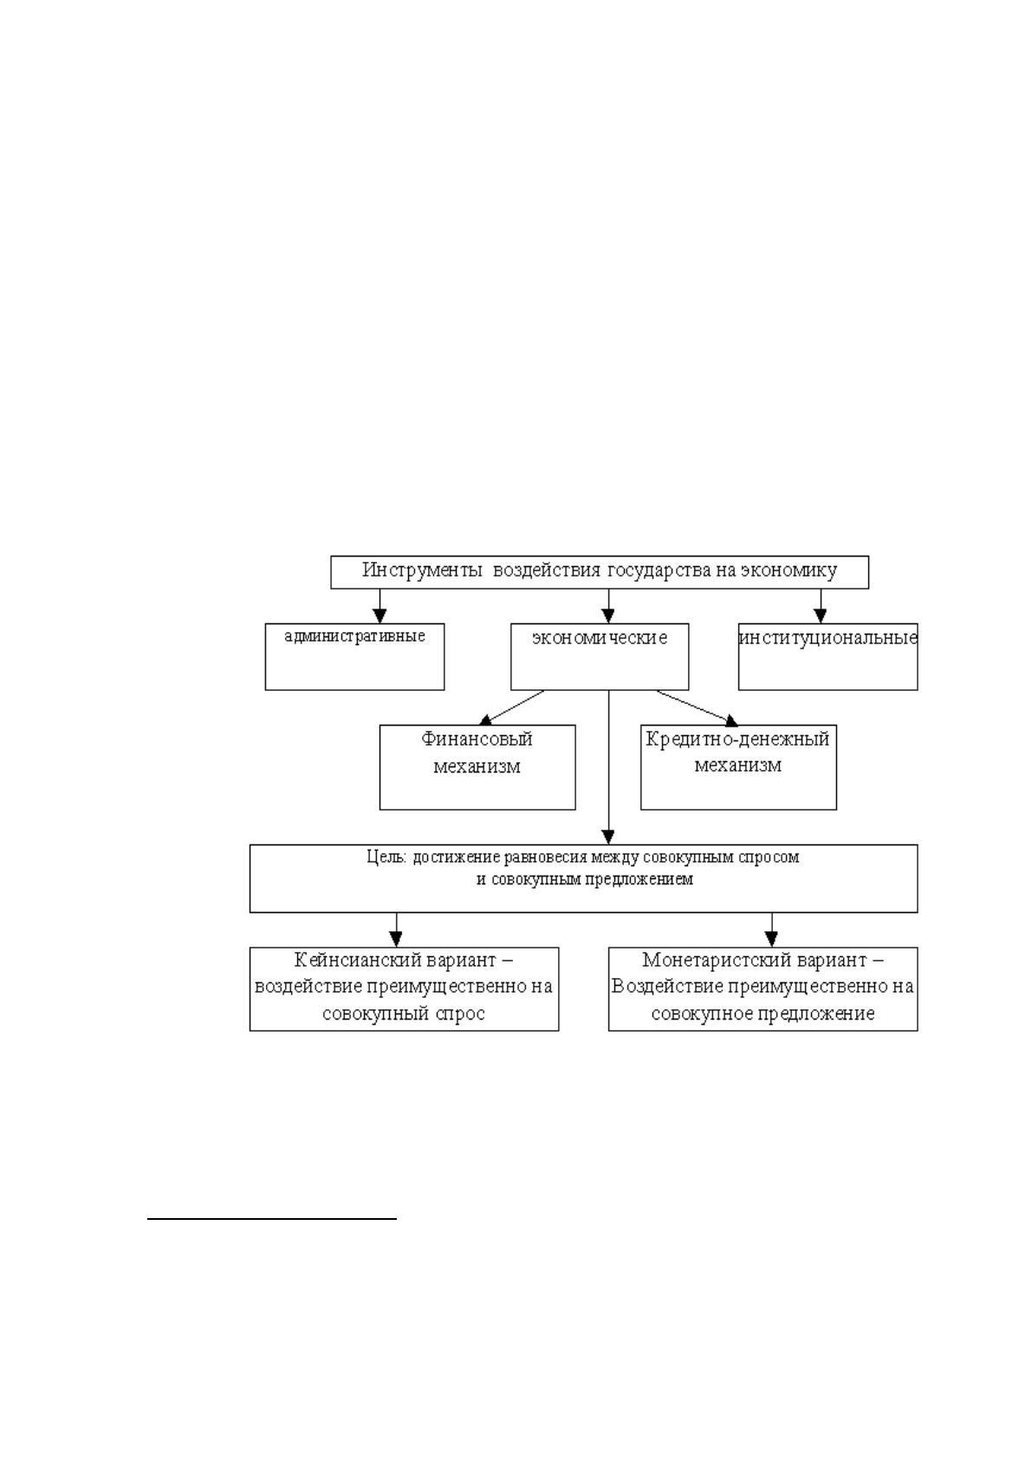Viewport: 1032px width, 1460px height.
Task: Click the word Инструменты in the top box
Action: point(422,571)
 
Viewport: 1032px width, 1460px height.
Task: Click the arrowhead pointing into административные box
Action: point(380,616)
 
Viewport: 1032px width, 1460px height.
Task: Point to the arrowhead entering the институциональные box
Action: point(821,616)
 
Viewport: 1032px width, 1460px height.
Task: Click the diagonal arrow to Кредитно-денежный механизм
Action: point(698,707)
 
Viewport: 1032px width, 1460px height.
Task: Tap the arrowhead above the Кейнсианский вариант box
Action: point(396,939)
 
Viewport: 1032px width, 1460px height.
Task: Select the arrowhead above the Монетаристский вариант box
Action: point(771,939)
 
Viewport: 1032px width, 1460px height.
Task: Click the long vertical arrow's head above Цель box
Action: point(608,838)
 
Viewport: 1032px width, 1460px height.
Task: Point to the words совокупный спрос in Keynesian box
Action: point(404,1015)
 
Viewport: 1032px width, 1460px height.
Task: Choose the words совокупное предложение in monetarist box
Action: point(763,1015)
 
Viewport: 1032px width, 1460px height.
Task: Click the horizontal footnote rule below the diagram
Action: point(272,1218)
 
